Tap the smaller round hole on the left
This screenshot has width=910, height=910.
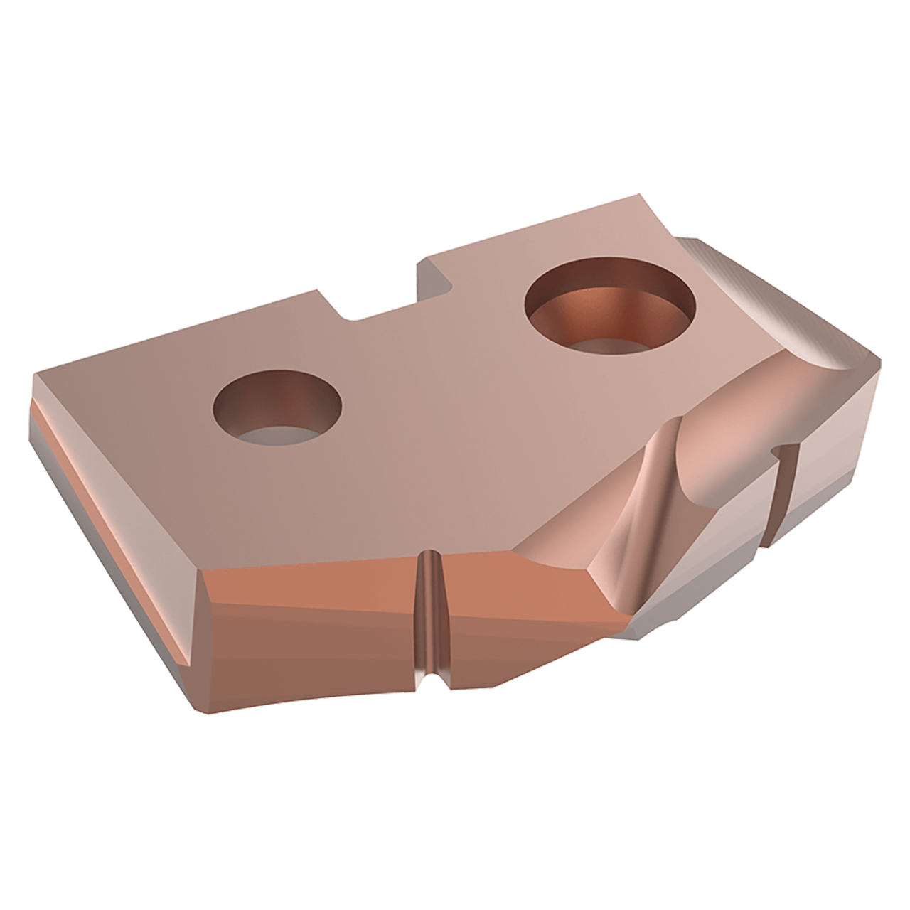pyautogui.click(x=278, y=407)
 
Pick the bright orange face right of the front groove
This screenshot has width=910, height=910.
pyautogui.click(x=526, y=590)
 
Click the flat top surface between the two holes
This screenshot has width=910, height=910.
pyautogui.click(x=427, y=398)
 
